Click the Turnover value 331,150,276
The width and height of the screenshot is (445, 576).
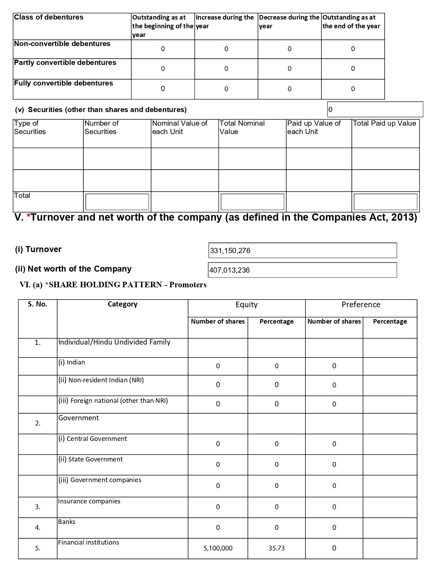[230, 251]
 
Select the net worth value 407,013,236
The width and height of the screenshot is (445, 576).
[230, 270]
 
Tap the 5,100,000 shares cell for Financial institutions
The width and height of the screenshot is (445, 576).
[218, 548]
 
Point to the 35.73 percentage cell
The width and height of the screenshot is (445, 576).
[276, 548]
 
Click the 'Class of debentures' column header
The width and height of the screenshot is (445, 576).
[49, 17]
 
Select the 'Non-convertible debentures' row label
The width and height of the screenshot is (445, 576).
[62, 44]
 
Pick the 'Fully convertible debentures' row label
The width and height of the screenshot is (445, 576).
[64, 83]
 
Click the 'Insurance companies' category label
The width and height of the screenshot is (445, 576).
[89, 501]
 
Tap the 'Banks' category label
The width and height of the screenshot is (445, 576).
[67, 522]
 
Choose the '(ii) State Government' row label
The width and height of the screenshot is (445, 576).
[90, 459]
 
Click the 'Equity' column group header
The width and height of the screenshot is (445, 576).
[246, 305]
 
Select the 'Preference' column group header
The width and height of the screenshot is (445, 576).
[361, 305]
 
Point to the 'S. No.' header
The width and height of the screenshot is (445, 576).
[38, 304]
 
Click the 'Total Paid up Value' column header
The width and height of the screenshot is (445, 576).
[384, 124]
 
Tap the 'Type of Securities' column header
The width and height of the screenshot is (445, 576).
[30, 127]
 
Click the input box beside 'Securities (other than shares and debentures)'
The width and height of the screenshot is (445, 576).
[375, 110]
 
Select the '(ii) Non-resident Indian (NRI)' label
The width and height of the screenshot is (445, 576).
[101, 380]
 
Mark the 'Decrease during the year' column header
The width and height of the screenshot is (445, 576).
[289, 22]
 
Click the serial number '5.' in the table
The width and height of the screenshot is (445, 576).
[38, 548]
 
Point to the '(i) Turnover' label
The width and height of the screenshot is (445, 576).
[38, 250]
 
